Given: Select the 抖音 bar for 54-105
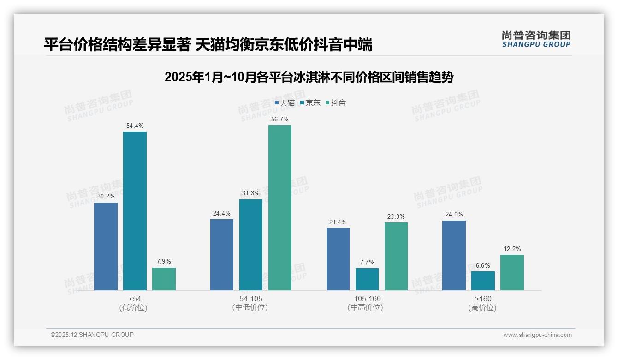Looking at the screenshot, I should point(280,208).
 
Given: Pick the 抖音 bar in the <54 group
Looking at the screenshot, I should point(164,279).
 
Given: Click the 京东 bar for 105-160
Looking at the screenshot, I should point(367,279).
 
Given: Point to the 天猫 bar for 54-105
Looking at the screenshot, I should point(222,255).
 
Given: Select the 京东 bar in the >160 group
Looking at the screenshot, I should point(483,281).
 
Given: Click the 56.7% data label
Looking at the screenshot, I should point(280,119).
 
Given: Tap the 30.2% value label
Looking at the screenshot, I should point(106,197).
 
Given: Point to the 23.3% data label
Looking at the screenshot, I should point(396,216).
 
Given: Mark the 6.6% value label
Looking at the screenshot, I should point(483,265).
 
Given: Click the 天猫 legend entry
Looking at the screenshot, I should point(285,103).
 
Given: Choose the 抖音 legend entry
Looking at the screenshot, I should point(336,103).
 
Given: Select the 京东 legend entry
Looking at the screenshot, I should point(310,103).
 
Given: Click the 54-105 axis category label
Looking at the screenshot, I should point(251,299).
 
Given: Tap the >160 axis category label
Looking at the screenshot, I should point(482,299).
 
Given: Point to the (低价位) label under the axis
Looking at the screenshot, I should point(133,307).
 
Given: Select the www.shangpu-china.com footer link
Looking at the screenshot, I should point(537,335).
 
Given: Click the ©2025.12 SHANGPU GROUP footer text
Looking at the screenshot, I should point(92,335).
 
